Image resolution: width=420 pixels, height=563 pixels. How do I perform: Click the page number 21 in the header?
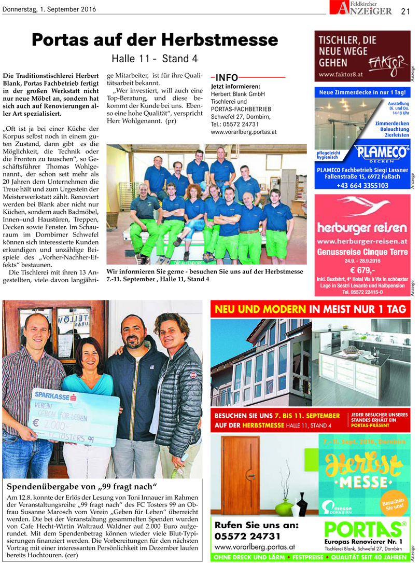(405, 10)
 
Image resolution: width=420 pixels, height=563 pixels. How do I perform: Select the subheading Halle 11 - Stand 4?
(154, 59)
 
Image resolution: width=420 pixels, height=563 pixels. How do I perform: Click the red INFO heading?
(227, 77)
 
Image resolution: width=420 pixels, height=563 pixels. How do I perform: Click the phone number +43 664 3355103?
(362, 185)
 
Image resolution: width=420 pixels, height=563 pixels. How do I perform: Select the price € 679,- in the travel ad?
(362, 270)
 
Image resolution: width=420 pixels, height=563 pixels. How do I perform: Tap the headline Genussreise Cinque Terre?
(362, 252)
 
